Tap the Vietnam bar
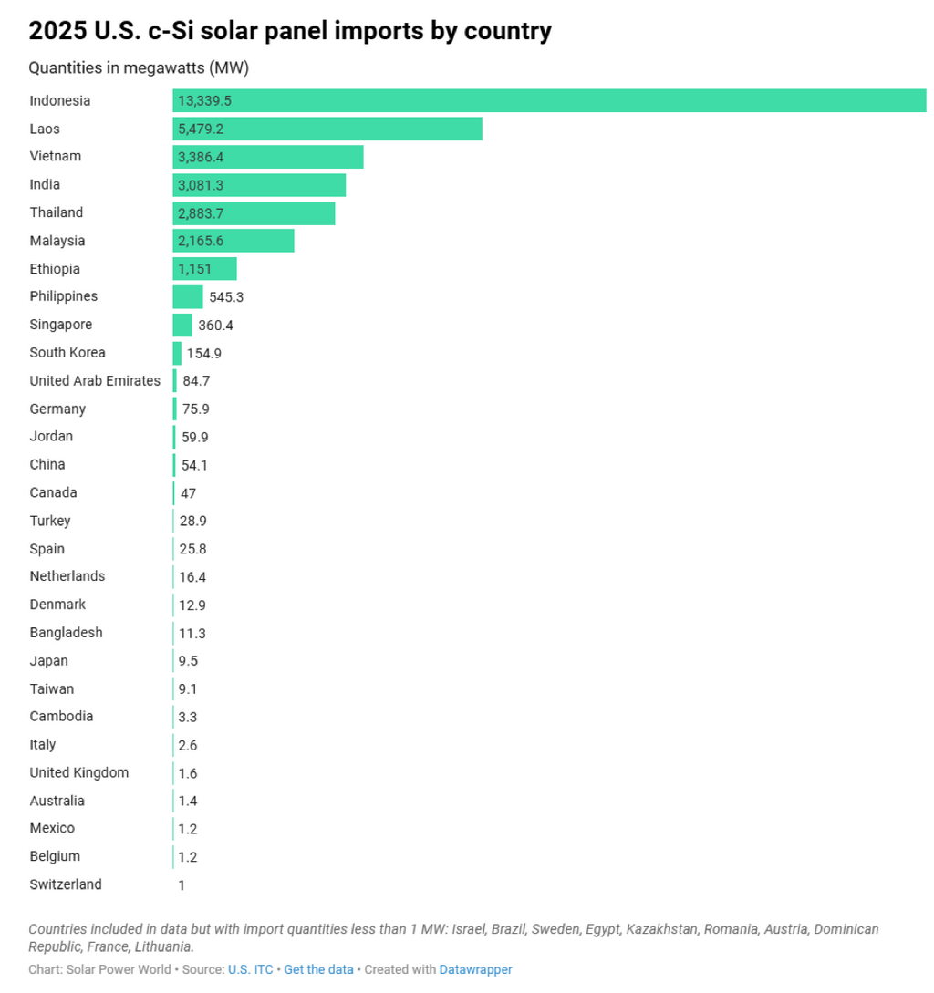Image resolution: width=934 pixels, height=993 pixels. tap(267, 157)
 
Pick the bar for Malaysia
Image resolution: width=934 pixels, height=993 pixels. tap(233, 241)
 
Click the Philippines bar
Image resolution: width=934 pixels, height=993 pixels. tap(188, 296)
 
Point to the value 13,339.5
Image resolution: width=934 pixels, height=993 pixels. tap(205, 100)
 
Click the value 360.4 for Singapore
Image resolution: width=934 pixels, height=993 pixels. tap(215, 325)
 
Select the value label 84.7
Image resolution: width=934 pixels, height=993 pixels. tap(196, 380)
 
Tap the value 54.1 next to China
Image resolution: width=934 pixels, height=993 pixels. tap(194, 465)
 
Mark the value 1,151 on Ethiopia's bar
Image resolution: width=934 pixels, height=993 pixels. tap(194, 269)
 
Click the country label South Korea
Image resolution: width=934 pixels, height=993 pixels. tap(67, 352)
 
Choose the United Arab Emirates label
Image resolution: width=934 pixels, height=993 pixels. tap(95, 380)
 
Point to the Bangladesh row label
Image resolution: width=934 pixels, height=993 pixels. tap(66, 632)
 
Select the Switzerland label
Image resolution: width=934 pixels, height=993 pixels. tap(66, 884)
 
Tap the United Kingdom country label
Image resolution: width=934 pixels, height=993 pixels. tap(79, 772)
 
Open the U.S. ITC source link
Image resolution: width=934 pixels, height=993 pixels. tap(250, 969)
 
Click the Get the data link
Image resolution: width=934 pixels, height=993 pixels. tap(318, 969)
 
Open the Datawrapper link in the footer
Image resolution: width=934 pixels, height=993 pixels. tap(475, 969)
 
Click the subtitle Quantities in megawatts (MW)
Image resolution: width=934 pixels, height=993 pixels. tap(139, 68)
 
